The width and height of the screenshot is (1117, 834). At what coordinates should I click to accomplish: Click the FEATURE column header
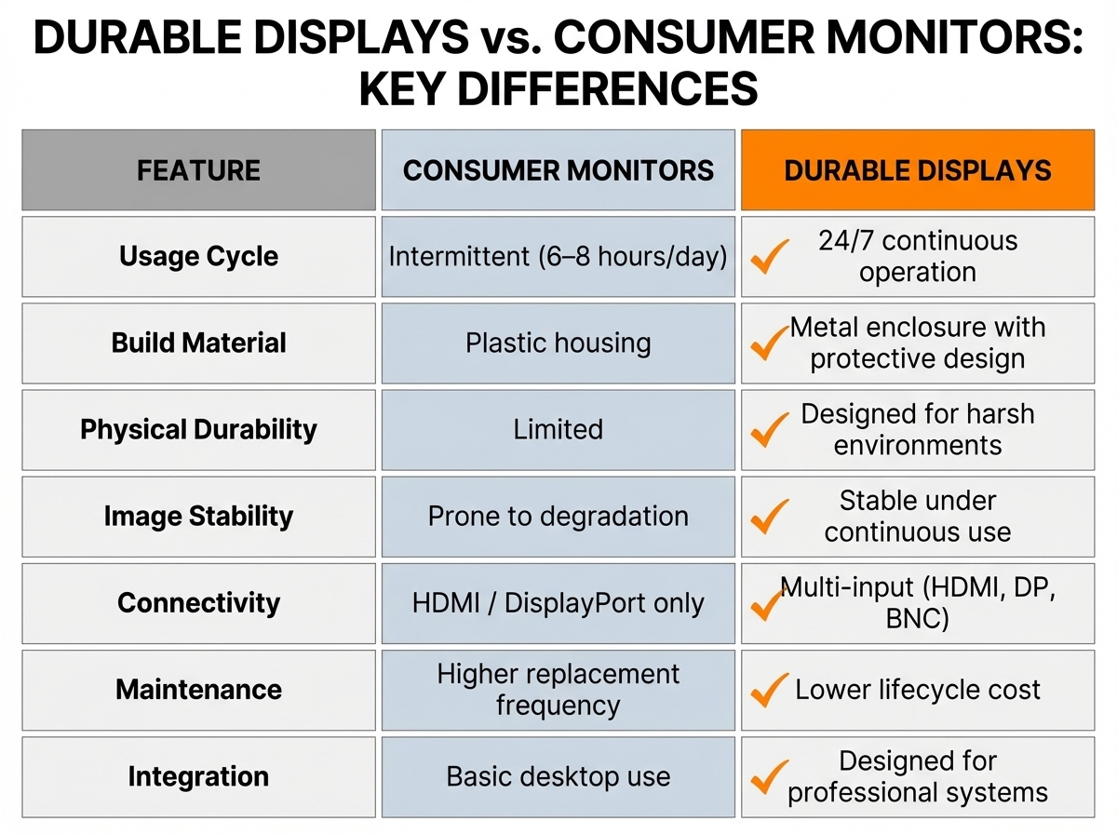(198, 170)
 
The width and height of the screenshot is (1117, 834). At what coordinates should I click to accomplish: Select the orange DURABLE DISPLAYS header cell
(918, 170)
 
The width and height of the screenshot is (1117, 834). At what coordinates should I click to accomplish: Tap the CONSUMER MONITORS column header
(558, 170)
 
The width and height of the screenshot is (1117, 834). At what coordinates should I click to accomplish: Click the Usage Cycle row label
(198, 257)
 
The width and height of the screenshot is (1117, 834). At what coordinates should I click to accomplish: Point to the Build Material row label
(198, 343)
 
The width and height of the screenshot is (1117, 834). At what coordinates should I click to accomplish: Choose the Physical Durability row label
(198, 429)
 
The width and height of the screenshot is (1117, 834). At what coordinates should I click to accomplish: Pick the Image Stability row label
(198, 516)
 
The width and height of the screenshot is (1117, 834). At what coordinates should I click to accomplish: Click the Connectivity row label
(198, 602)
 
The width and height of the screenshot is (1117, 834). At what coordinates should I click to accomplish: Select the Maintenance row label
(198, 690)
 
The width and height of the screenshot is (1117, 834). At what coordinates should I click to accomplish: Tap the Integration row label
(198, 776)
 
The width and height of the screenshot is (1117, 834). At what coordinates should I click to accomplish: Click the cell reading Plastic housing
(558, 343)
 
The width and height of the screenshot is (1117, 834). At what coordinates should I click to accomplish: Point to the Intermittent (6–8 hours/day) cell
(558, 257)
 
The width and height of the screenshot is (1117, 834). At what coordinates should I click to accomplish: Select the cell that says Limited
(558, 429)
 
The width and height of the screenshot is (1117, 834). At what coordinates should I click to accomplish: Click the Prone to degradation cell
(558, 516)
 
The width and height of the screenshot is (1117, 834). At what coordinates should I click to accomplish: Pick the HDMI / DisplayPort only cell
(558, 602)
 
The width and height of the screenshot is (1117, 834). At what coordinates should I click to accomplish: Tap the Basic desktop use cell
(558, 776)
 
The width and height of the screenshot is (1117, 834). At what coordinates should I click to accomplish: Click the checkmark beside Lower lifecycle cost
(770, 690)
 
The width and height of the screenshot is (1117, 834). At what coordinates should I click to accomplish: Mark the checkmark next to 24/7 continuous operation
(770, 256)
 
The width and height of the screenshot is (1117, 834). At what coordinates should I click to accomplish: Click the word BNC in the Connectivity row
(918, 618)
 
